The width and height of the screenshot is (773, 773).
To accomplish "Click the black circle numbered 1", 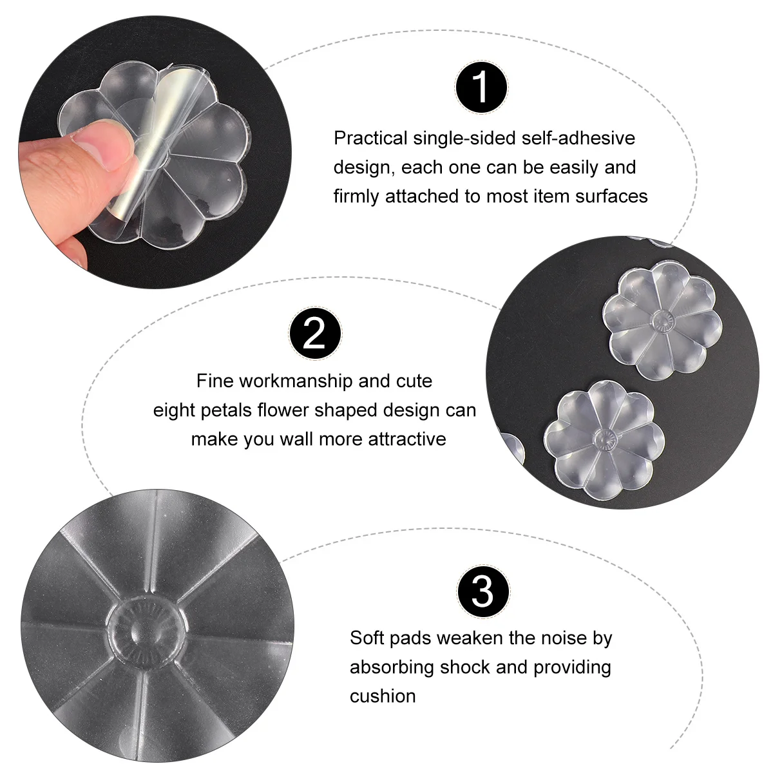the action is click(x=481, y=87).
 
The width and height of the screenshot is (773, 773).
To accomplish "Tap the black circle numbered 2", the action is click(x=315, y=333).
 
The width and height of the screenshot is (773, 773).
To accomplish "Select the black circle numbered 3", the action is click(x=483, y=592).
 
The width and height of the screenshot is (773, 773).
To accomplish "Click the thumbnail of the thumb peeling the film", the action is click(x=155, y=152).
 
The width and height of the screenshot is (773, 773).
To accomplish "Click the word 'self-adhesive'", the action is click(x=578, y=138).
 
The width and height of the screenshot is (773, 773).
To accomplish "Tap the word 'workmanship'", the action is click(x=296, y=381).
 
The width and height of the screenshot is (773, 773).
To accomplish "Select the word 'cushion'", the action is click(x=382, y=696).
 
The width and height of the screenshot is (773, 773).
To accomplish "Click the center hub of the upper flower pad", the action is click(x=662, y=321).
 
